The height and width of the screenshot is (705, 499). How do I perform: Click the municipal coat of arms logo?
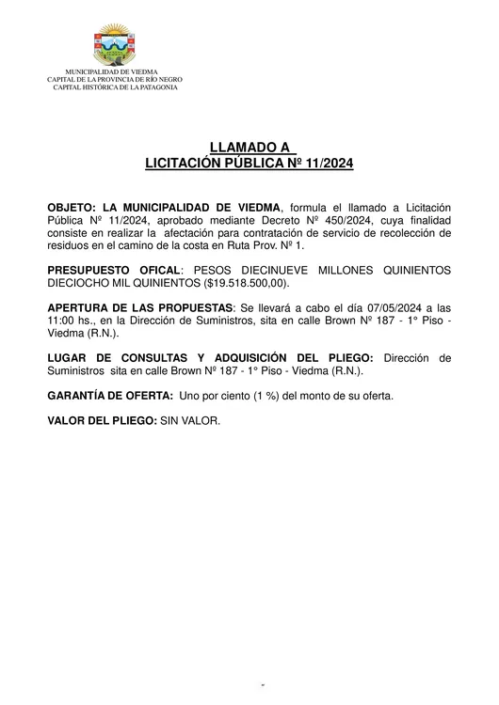[112, 47]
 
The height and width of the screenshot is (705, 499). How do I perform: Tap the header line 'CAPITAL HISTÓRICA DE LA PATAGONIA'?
[112, 86]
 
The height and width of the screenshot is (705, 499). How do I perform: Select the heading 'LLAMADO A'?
[249, 148]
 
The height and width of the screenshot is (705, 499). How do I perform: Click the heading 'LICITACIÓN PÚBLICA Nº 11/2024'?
[249, 163]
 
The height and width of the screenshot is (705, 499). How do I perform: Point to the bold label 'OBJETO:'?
[71, 207]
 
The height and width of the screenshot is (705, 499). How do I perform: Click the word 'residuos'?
[67, 243]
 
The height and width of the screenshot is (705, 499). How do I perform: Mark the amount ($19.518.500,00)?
[248, 281]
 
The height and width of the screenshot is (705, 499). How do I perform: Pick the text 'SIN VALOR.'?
[188, 420]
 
